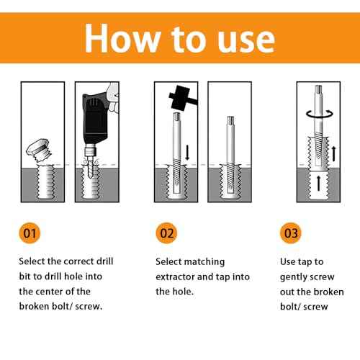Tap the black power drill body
[96, 122]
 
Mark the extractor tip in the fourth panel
[229, 124]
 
